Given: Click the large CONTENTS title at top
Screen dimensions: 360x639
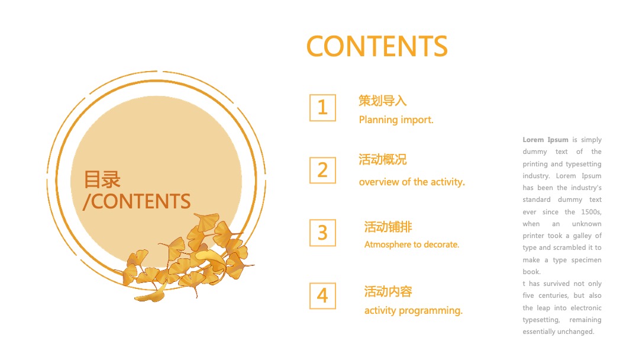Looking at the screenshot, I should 377,46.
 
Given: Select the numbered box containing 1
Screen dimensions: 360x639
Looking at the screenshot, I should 322,108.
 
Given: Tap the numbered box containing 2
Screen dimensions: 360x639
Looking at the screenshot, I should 322,170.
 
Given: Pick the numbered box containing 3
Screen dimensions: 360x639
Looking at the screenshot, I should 322,233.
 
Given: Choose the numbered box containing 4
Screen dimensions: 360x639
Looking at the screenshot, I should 322,295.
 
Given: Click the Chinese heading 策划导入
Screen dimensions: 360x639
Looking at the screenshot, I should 382,101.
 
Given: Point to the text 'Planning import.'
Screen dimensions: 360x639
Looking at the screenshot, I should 396,120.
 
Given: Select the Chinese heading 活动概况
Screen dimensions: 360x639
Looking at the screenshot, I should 382,160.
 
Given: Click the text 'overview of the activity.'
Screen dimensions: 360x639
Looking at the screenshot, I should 412,182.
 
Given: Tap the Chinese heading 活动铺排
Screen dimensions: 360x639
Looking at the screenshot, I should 388,227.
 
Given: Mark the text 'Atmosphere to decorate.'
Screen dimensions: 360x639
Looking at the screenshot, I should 412,245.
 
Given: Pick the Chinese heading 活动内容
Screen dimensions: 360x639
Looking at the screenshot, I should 388,291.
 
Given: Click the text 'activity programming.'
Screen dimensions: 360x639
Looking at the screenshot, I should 414,310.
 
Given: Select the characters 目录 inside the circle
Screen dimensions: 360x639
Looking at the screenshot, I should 102,179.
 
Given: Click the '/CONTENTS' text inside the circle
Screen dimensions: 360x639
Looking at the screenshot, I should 137,201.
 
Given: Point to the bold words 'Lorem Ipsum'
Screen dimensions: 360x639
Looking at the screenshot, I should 545,140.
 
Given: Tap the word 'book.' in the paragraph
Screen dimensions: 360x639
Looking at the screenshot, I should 531,272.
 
